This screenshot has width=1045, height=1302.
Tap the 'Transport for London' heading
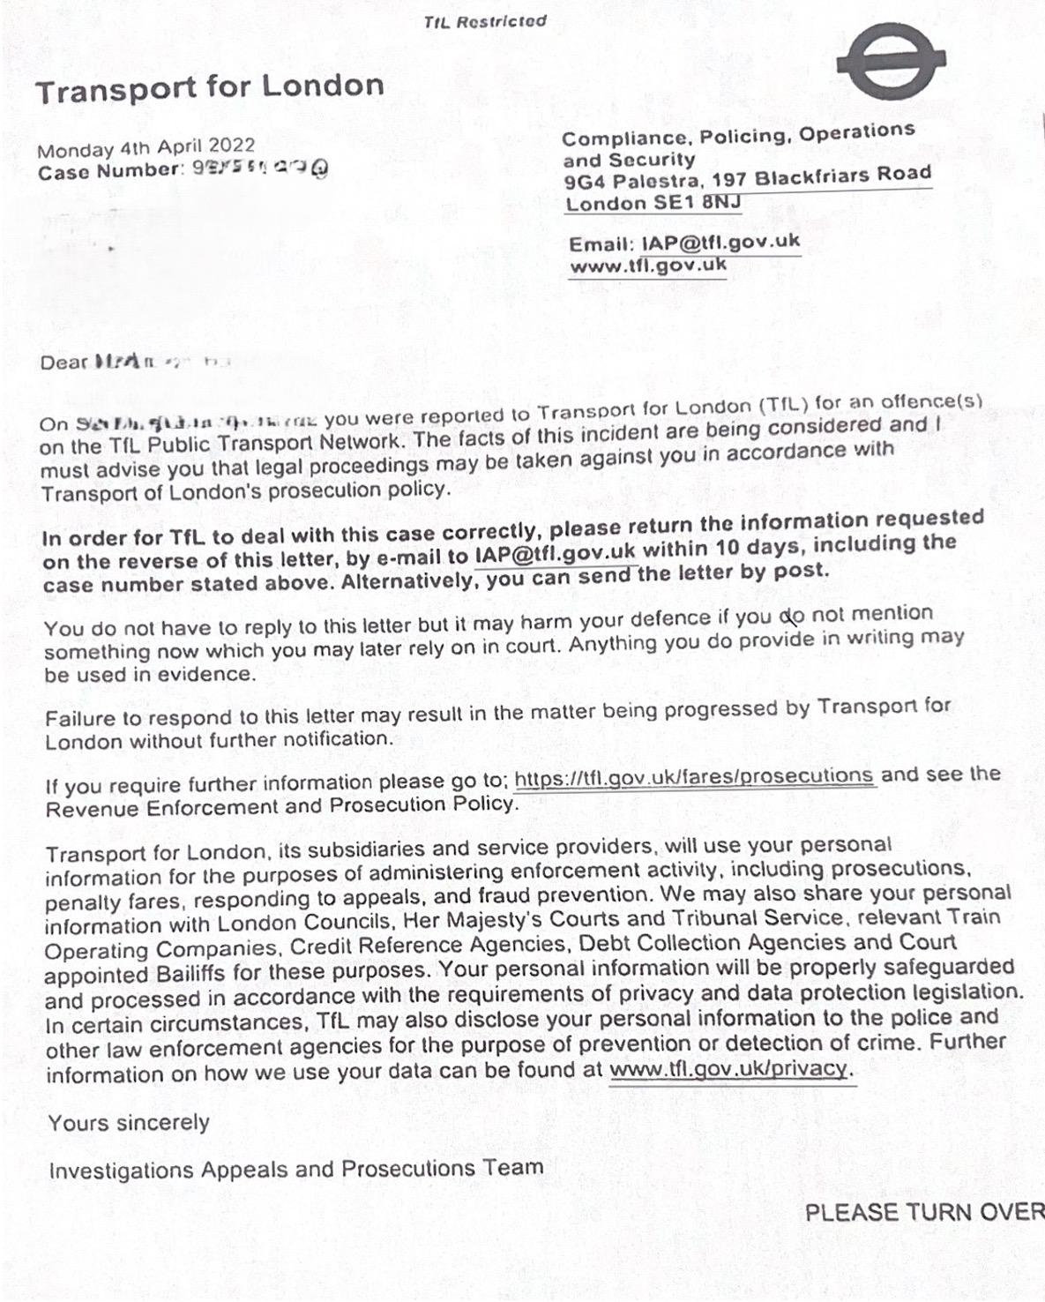click(x=210, y=87)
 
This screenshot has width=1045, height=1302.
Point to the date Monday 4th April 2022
click(x=146, y=147)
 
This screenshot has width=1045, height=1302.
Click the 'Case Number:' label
click(x=111, y=170)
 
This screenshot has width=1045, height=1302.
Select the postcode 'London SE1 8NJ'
click(x=653, y=203)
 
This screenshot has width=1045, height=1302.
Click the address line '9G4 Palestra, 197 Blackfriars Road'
click(x=747, y=178)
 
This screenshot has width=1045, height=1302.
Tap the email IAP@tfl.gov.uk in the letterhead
click(x=720, y=242)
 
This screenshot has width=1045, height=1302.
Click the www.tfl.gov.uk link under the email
click(x=648, y=265)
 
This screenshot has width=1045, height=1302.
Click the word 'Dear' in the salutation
click(x=64, y=362)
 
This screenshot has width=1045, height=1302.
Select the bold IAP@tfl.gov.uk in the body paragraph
click(x=556, y=554)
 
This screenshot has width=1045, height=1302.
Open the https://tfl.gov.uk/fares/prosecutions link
click(x=693, y=776)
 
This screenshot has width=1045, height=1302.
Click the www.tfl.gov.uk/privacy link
click(x=729, y=1069)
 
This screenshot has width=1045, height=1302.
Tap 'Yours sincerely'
click(x=129, y=1123)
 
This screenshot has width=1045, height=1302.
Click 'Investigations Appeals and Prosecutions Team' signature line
click(x=295, y=1170)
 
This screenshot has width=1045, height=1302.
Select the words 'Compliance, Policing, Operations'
click(x=738, y=135)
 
